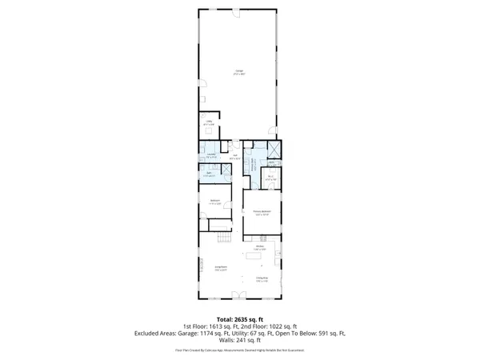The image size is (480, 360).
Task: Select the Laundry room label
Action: pyautogui.click(x=210, y=157)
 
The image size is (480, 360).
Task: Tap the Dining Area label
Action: pyautogui.click(x=261, y=278)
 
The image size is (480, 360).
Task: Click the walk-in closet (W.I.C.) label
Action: pyautogui.click(x=271, y=178)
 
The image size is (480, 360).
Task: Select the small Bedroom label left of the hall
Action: pyautogui.click(x=215, y=200)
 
